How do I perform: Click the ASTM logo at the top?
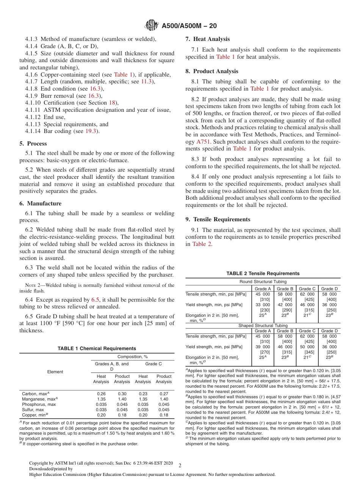[152, 26]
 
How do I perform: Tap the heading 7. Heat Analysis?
[208, 39]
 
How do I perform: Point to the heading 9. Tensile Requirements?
[218, 219]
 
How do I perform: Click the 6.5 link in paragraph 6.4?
[95, 300]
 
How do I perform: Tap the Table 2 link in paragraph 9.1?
[202, 244]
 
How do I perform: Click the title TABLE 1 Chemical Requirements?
[97, 349]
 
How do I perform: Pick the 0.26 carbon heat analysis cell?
[101, 394]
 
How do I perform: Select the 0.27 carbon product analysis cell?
[164, 394]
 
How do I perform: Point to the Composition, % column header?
[132, 357]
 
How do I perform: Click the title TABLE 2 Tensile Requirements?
[263, 274]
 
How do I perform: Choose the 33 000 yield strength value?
[263, 305]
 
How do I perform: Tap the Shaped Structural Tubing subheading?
[263, 326]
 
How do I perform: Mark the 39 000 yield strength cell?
[263, 347]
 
